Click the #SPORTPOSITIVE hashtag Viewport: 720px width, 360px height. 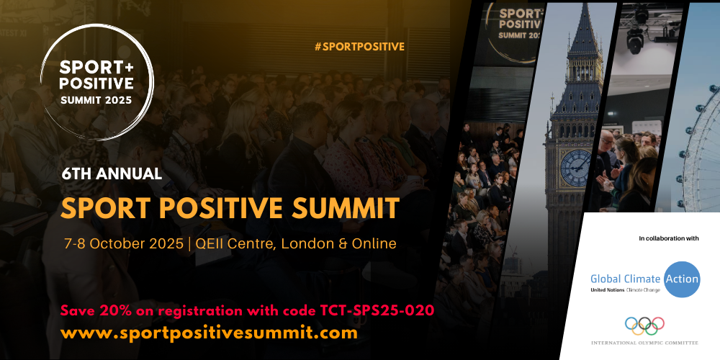point(359,46)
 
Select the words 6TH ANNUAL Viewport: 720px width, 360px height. point(112,174)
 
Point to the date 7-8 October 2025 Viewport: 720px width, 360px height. point(124,243)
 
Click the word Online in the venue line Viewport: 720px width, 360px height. point(374,243)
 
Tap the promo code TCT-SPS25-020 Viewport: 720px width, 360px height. point(377,311)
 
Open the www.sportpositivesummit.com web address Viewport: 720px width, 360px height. point(209,333)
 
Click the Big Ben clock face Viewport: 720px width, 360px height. point(576,168)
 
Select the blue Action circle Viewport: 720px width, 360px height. point(683,279)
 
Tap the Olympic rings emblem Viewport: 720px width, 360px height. point(644,326)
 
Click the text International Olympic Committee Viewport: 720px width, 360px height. point(644,343)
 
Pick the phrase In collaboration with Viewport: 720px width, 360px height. point(669,238)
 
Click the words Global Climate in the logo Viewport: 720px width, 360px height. point(626,279)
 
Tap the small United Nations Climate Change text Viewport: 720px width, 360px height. point(625,290)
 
